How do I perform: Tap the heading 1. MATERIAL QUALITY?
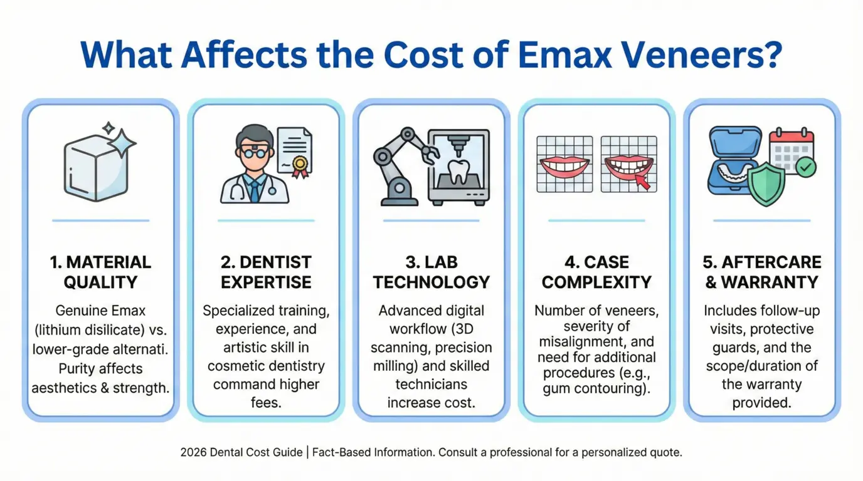100,271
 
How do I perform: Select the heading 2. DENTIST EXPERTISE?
266,271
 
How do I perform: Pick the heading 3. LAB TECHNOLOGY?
431,271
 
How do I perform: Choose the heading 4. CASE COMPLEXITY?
596,271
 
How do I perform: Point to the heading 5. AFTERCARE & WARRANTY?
762,271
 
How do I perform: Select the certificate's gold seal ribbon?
300,164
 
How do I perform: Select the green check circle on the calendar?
805,167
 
